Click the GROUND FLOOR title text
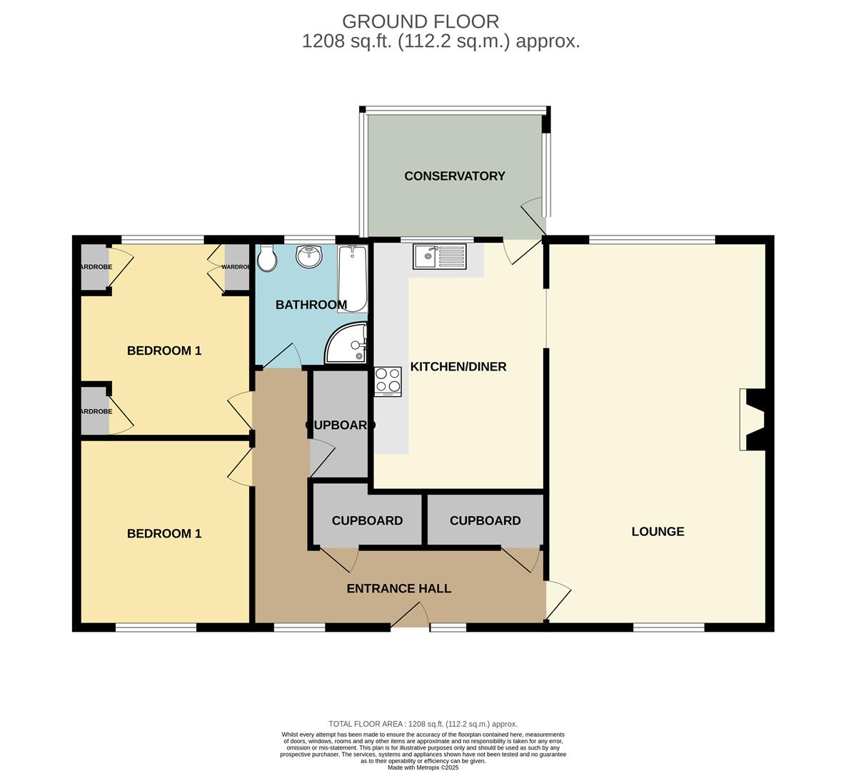[421, 21]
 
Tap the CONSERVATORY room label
[454, 176]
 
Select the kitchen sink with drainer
[439, 256]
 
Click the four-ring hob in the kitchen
[388, 381]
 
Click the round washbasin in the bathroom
[308, 257]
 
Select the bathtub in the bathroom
[353, 278]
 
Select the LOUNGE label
[658, 531]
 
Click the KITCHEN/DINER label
[458, 367]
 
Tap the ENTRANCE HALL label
[398, 588]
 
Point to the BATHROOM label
[311, 305]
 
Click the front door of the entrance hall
[410, 616]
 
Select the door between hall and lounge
[557, 598]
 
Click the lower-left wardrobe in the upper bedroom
[95, 411]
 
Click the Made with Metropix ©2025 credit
[423, 767]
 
